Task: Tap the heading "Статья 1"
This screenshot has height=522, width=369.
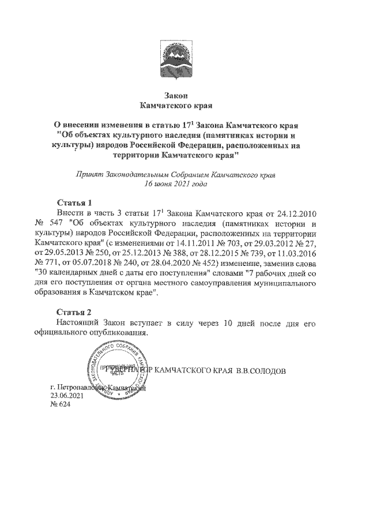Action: [76, 202]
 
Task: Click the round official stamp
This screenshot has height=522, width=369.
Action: [115, 370]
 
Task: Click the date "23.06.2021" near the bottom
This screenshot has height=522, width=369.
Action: [66, 396]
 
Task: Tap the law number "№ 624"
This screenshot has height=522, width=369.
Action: [60, 405]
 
